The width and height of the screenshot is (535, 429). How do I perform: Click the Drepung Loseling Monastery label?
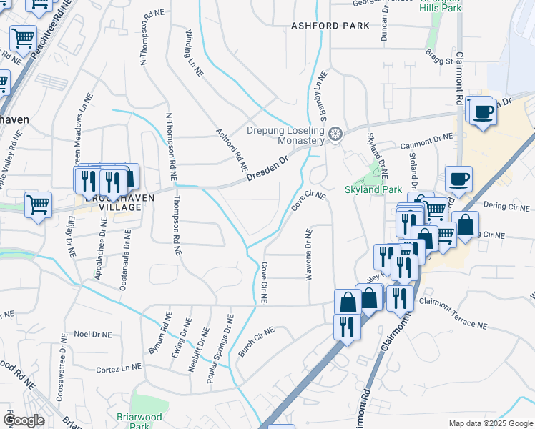click(285, 136)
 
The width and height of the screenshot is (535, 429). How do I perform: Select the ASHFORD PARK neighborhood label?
click(330, 26)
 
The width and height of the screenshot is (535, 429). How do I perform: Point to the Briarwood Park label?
click(139, 421)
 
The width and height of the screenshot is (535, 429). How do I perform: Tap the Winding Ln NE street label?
click(192, 44)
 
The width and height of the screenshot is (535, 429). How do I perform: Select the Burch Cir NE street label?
click(256, 342)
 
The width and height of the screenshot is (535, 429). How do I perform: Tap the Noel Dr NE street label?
click(93, 334)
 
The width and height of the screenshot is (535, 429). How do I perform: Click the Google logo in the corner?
click(24, 420)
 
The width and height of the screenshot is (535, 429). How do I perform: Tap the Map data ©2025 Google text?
click(490, 423)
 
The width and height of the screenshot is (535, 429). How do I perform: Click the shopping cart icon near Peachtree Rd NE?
click(23, 36)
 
